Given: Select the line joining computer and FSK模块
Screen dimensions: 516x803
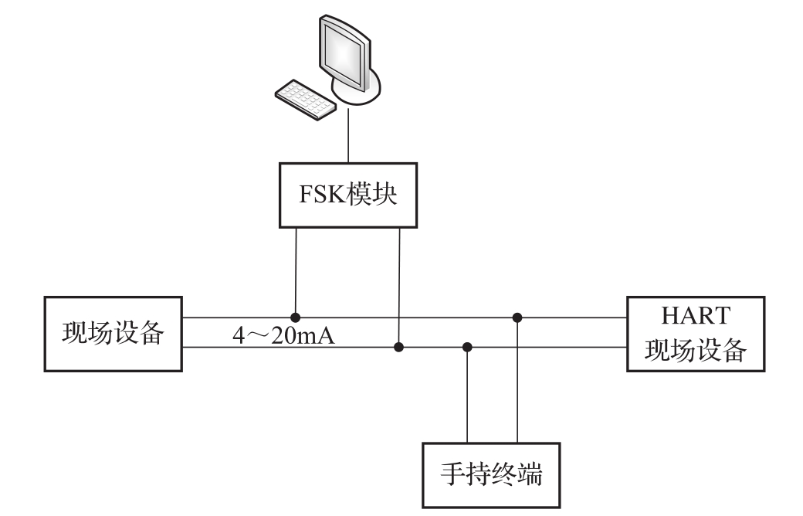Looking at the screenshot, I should pyautogui.click(x=348, y=139).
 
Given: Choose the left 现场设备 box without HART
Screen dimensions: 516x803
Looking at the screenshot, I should pyautogui.click(x=114, y=334).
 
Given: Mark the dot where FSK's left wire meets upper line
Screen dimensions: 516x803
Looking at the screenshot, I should pyautogui.click(x=296, y=317).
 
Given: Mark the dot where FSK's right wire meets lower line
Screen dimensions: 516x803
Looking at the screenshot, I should pyautogui.click(x=399, y=348).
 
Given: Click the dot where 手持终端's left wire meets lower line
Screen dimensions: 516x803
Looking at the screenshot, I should pyautogui.click(x=467, y=348).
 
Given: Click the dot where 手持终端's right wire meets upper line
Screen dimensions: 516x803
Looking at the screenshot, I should pyautogui.click(x=518, y=317).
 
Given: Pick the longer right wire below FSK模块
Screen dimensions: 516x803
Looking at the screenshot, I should pyautogui.click(x=399, y=286).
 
